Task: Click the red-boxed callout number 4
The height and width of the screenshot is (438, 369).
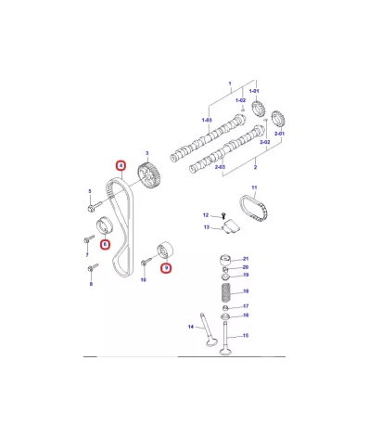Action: (x=121, y=165)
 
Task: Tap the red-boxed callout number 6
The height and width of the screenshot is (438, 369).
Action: (x=105, y=245)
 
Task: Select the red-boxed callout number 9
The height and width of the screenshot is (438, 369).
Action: (x=166, y=267)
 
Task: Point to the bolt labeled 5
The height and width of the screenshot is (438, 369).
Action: (x=95, y=207)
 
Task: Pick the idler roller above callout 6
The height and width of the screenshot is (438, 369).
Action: (x=104, y=225)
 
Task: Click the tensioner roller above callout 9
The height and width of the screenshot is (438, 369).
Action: (x=166, y=250)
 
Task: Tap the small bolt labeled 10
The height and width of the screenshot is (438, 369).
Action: (x=146, y=262)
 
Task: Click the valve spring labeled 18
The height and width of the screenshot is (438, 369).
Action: (x=226, y=291)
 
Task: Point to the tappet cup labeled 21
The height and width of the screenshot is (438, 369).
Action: (x=225, y=261)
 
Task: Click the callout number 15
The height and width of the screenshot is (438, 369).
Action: (x=246, y=335)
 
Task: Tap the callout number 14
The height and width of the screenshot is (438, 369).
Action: (x=191, y=327)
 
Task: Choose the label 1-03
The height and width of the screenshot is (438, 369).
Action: (x=207, y=120)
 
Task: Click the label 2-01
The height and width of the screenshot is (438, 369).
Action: (x=279, y=134)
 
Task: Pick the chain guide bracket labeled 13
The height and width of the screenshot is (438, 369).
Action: (x=232, y=226)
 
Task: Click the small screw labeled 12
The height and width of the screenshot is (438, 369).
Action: (x=223, y=214)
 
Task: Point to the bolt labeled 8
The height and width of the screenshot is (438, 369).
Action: (x=93, y=268)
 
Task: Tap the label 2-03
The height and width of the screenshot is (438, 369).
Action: (x=220, y=167)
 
